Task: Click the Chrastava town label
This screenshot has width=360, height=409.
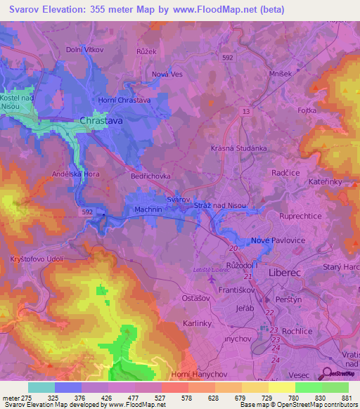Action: (102, 121)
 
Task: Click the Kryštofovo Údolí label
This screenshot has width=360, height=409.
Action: (37, 259)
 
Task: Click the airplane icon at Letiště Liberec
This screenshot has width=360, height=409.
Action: (213, 280)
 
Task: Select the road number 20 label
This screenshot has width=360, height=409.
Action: (233, 248)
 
